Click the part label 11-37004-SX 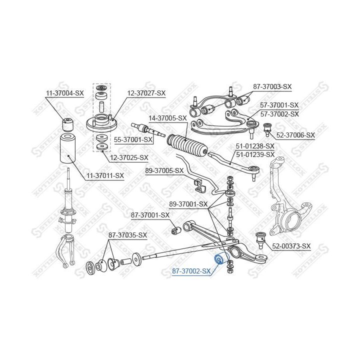(65, 93)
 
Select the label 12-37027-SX (146, 93)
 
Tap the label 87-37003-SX (272, 86)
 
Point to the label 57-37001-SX (279, 105)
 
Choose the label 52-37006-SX (295, 135)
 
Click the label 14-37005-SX (167, 118)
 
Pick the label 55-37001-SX (133, 139)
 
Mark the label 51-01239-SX (255, 154)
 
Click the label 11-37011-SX (105, 175)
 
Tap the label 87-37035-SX (128, 235)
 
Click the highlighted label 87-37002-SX (191, 271)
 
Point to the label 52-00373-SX (291, 246)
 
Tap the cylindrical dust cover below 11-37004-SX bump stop (67, 150)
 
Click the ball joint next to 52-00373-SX (260, 238)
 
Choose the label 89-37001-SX (188, 204)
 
